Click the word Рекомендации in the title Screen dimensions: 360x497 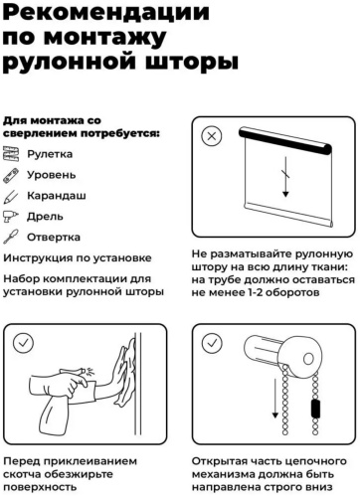106,12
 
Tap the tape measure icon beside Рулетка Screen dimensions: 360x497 11,154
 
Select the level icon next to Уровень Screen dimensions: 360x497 11,175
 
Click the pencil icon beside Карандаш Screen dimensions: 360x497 11,196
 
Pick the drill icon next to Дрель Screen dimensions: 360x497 11,217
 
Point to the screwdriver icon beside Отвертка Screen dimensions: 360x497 11,238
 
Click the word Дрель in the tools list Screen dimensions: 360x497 45,217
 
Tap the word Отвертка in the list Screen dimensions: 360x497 54,238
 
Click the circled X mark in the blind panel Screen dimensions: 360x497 212,136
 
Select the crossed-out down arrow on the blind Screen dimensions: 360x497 285,177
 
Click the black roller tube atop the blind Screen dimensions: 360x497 285,141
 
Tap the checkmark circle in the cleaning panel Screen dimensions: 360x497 23,343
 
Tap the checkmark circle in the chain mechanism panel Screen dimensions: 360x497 212,343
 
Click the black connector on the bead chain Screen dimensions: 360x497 316,409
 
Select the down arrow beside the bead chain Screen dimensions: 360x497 274,399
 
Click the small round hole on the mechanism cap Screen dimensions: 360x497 308,358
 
